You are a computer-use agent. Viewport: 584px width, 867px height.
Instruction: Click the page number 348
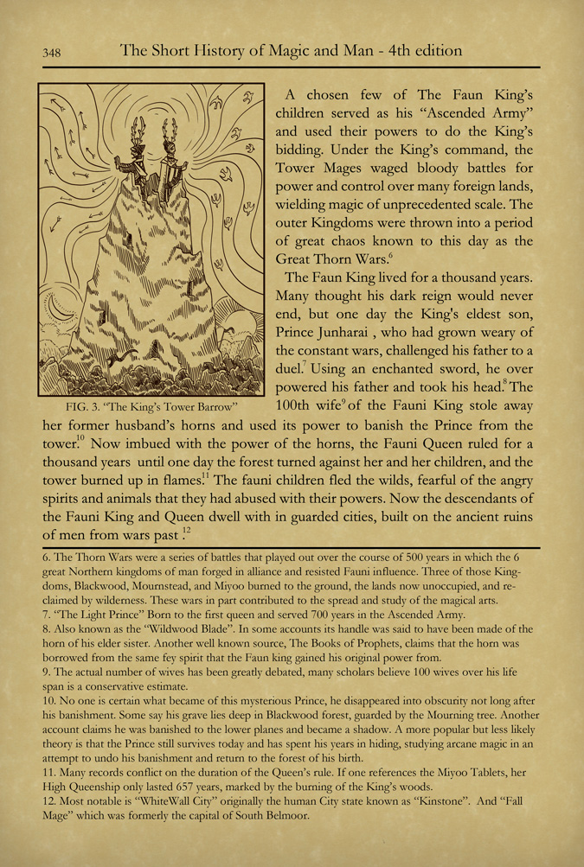point(50,52)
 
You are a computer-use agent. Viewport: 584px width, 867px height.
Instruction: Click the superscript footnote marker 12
point(187,529)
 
